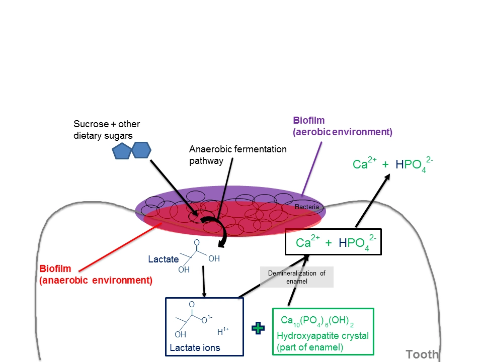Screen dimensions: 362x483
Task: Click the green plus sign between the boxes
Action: pos(258,328)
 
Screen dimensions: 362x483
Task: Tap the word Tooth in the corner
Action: pos(422,354)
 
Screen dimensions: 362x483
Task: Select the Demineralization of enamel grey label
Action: pos(296,277)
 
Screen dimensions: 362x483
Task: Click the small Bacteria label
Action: pos(307,207)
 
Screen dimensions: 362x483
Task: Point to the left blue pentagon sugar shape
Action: pos(122,151)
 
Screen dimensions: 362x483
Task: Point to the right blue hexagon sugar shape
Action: pos(141,149)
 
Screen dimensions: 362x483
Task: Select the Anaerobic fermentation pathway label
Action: pos(237,155)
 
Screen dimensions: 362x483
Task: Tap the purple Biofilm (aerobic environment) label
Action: pos(342,126)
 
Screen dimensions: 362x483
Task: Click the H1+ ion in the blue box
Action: pos(223,331)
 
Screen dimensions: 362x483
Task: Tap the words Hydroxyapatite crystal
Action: pos(323,336)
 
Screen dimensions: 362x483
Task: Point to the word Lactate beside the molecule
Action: pos(163,259)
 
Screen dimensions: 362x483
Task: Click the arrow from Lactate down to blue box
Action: pos(203,282)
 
